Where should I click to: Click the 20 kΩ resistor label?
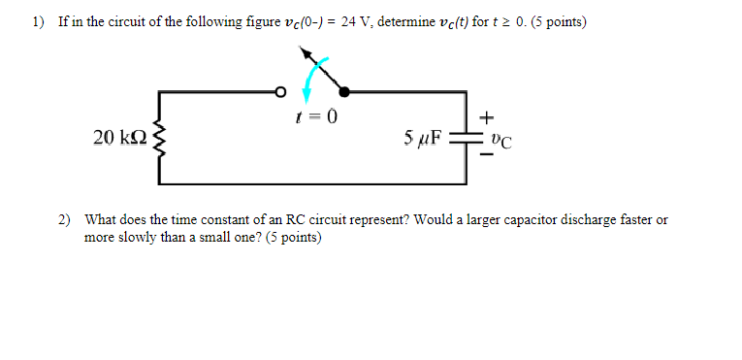click(119, 138)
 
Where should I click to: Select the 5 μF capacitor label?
click(422, 138)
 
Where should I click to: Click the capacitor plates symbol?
click(467, 138)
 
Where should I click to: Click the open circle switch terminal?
click(280, 92)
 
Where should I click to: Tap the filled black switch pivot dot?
click(343, 92)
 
